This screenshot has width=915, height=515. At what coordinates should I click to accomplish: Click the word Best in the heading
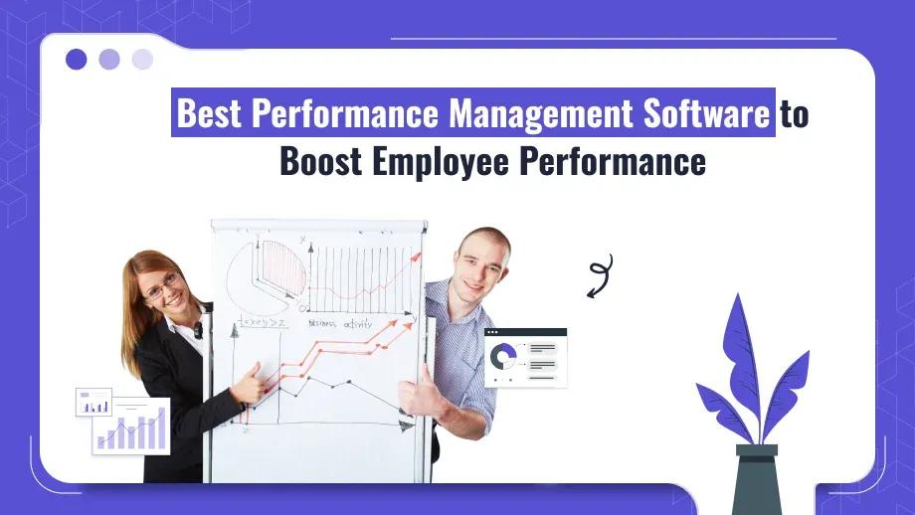[x=209, y=114]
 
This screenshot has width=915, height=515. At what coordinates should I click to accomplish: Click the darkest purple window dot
[x=77, y=60]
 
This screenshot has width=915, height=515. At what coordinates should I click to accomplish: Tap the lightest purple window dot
[x=142, y=60]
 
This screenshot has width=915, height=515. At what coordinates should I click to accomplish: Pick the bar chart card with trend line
[x=131, y=426]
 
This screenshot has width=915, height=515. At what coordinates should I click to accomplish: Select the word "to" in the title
[x=794, y=114]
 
